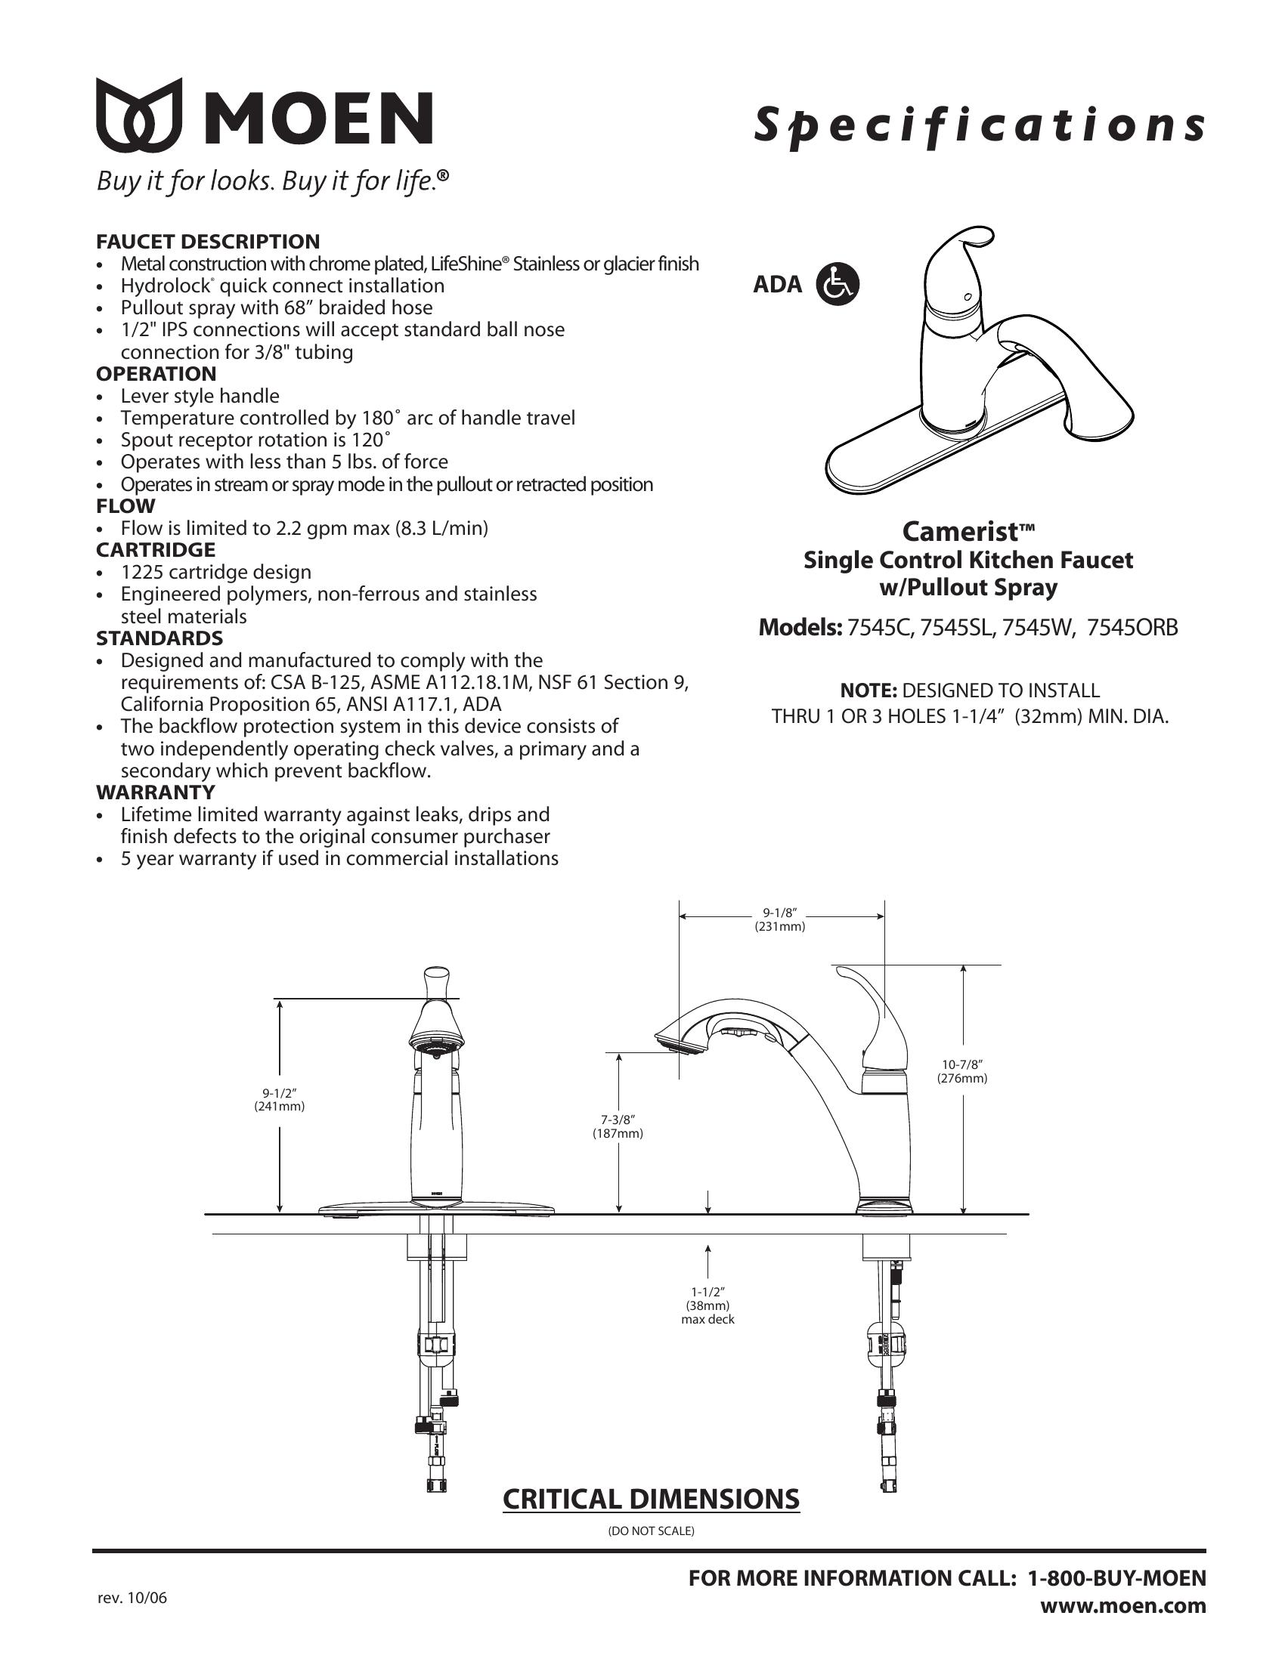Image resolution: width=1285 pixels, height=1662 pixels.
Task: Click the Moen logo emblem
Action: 139,115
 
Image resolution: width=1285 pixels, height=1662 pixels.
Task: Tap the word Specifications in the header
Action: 979,125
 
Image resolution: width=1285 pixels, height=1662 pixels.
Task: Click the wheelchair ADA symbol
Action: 838,284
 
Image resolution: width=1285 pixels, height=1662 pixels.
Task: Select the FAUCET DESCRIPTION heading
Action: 207,241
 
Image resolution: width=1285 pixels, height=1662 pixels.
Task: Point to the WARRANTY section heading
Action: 155,792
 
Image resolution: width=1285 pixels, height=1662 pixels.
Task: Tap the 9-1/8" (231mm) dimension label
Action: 779,919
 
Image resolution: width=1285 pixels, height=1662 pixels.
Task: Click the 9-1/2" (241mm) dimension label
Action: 279,1100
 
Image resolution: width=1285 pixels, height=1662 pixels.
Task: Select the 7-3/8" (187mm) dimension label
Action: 618,1126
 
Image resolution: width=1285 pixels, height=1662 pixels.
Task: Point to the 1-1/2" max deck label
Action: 708,1305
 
